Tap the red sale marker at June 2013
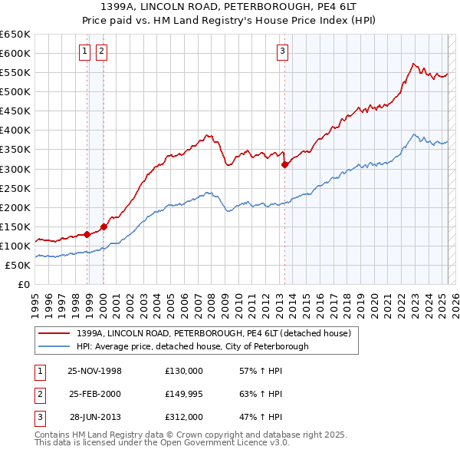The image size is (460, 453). (x=284, y=164)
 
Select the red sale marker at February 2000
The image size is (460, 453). (x=103, y=226)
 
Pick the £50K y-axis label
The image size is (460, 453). (x=18, y=265)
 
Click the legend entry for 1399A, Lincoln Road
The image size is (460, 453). (x=213, y=333)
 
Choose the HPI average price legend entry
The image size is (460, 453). (x=192, y=346)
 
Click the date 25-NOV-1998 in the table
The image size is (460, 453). (x=95, y=370)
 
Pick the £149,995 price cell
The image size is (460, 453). (x=183, y=394)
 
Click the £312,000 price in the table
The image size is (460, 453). (x=183, y=418)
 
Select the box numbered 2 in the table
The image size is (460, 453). (x=38, y=394)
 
